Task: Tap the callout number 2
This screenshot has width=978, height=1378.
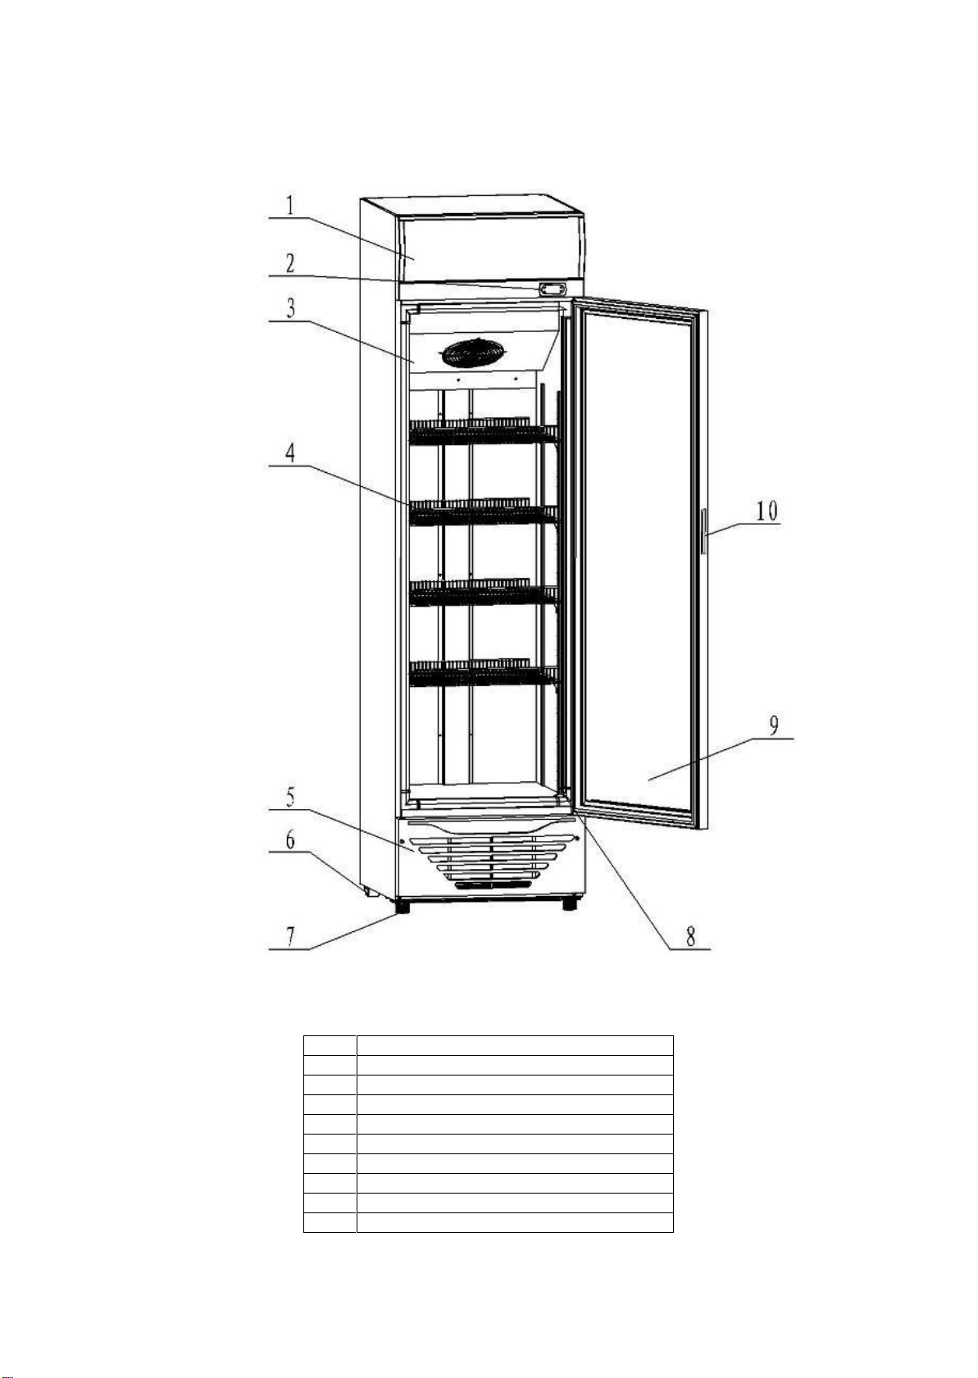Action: [291, 264]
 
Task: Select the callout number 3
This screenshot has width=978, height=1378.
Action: [292, 310]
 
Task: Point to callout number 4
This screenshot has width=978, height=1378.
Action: [292, 453]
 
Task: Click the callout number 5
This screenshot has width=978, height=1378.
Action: [291, 797]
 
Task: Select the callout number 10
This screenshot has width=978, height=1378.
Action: [766, 511]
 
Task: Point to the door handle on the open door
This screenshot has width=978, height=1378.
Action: [703, 531]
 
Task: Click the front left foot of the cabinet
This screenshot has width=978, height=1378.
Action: [402, 906]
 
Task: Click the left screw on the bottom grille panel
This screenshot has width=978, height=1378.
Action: [403, 842]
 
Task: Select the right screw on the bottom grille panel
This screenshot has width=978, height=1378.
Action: [578, 839]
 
